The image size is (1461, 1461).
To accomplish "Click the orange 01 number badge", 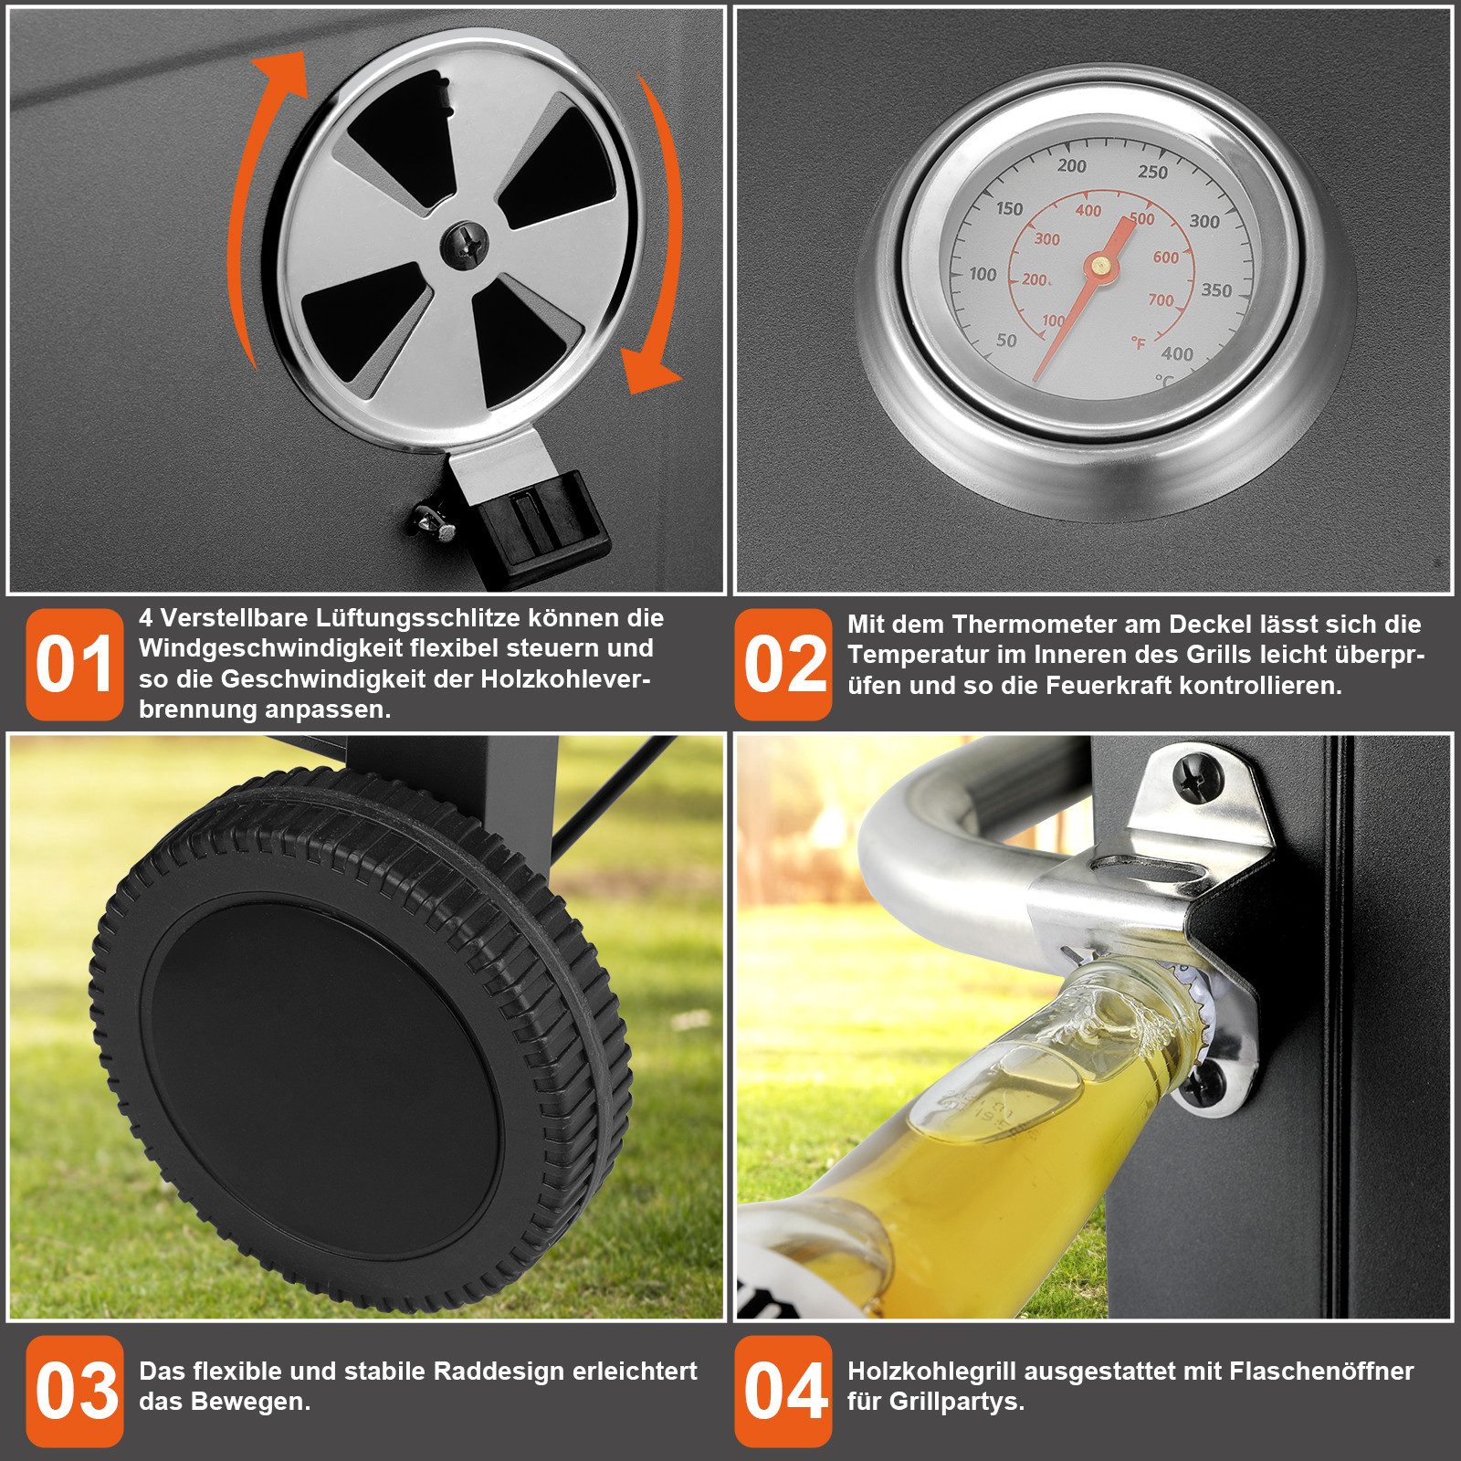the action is pyautogui.click(x=74, y=664).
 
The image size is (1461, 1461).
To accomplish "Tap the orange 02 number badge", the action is pyautogui.click(x=783, y=664).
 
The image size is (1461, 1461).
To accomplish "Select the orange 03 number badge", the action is pyautogui.click(x=74, y=1391).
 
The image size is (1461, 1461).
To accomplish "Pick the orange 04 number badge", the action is pyautogui.click(x=783, y=1391).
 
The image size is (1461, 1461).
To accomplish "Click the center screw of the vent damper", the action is pyautogui.click(x=465, y=245).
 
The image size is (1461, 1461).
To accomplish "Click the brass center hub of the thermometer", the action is pyautogui.click(x=1100, y=266).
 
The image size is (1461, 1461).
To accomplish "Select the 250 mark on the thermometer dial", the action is pyautogui.click(x=1152, y=173).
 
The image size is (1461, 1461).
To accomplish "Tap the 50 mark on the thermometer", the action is pyautogui.click(x=1005, y=341).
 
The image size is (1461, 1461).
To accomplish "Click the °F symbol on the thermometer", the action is pyautogui.click(x=1138, y=343).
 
